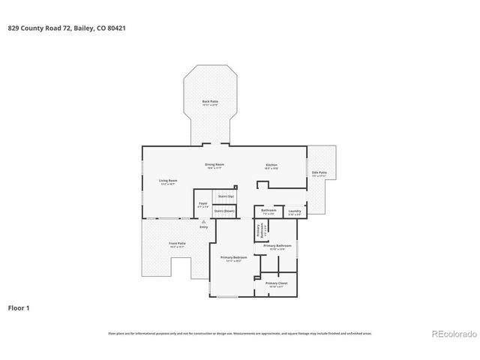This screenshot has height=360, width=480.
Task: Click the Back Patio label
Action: [210, 101]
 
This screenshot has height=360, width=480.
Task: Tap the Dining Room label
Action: [215, 164]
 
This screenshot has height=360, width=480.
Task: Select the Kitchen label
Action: [271, 165]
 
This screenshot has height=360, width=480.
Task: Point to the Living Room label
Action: [168, 181]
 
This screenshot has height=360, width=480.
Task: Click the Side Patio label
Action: [319, 173]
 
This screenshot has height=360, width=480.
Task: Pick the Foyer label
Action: [203, 203]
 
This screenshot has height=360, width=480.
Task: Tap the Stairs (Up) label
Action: [226, 196]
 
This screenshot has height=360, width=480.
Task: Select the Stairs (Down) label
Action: [224, 211]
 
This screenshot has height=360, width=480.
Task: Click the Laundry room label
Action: [295, 211]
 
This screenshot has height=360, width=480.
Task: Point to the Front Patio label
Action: [177, 244]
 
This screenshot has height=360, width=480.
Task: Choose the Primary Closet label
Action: [276, 283]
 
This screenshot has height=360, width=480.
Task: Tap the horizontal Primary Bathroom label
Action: [277, 246]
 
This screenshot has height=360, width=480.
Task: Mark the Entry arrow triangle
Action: [203, 221]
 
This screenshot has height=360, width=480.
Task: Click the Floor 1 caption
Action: [19, 307]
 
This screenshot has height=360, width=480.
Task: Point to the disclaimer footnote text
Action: [239, 333]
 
